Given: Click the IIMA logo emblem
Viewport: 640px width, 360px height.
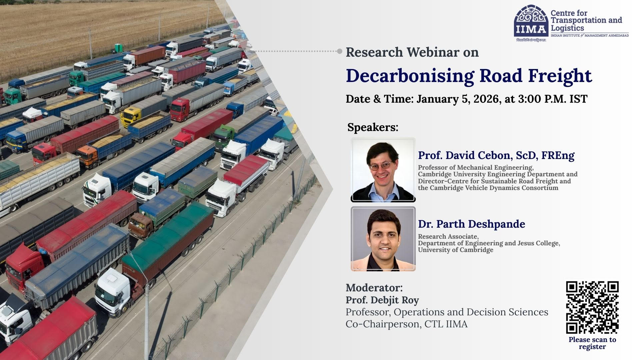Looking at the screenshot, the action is tap(531, 20).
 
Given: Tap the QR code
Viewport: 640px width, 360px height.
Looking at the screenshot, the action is tap(592, 307).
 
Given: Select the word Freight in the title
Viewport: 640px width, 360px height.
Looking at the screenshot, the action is tap(560, 76).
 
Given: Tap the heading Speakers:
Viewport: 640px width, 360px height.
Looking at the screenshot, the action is tap(373, 127).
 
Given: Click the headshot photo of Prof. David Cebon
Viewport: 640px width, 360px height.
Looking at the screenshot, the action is tap(383, 170).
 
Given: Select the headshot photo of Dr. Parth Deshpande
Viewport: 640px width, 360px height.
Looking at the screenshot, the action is tap(383, 239).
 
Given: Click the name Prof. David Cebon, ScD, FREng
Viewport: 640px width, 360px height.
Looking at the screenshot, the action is tap(496, 155).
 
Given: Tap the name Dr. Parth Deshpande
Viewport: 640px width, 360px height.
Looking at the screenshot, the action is tap(472, 224).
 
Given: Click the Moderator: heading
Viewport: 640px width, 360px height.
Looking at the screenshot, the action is tap(374, 288).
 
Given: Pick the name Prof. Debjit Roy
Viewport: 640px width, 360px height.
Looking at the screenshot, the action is tap(382, 300).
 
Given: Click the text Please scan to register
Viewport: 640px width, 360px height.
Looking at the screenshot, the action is tap(592, 343).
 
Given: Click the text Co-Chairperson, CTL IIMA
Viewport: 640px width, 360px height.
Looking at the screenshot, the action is tap(406, 324).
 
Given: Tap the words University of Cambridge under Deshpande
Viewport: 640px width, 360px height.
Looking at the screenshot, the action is tap(456, 250).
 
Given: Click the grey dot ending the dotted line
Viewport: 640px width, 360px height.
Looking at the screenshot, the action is tap(340, 51).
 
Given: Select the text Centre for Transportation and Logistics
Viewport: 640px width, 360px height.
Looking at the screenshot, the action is tap(586, 21).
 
